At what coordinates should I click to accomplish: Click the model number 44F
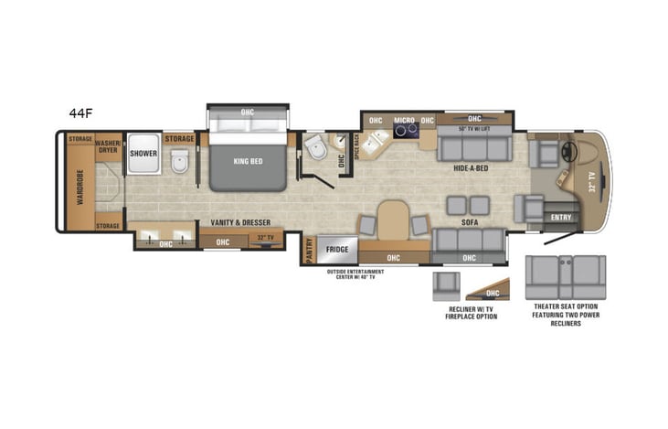(x=80, y=113)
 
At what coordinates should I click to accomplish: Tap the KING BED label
(x=248, y=161)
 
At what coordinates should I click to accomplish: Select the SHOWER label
(x=143, y=154)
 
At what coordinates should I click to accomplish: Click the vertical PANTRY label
(x=309, y=250)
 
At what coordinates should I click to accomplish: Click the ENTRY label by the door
(x=562, y=217)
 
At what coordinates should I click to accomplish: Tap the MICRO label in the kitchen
(x=404, y=121)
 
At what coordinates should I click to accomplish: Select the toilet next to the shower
(x=181, y=162)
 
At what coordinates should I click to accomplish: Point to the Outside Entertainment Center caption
(x=357, y=274)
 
